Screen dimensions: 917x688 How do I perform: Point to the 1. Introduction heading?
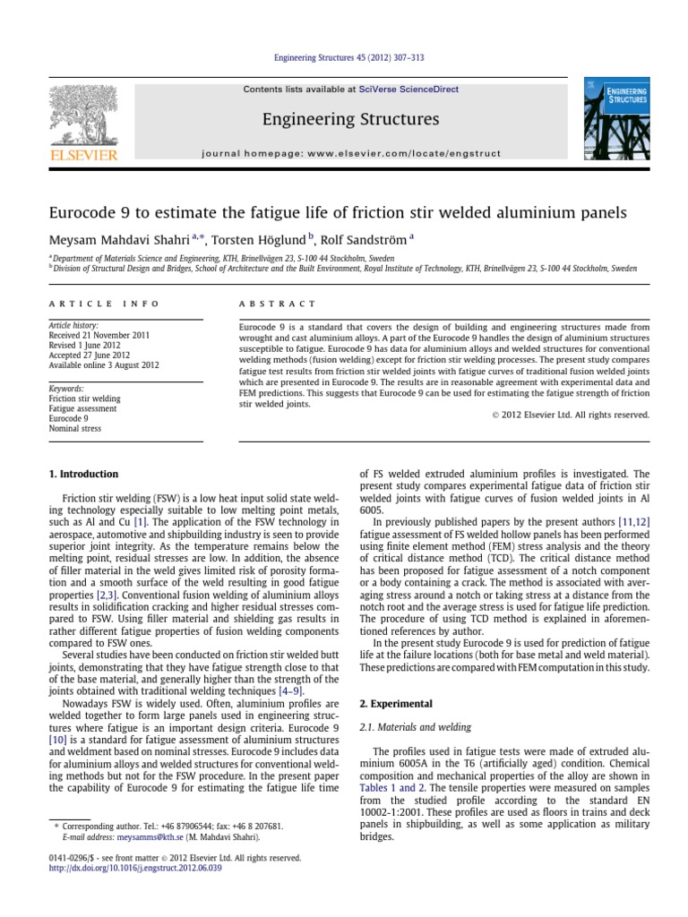82,474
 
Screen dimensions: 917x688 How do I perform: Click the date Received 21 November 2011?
98,335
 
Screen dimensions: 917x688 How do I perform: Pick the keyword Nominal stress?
74,429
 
